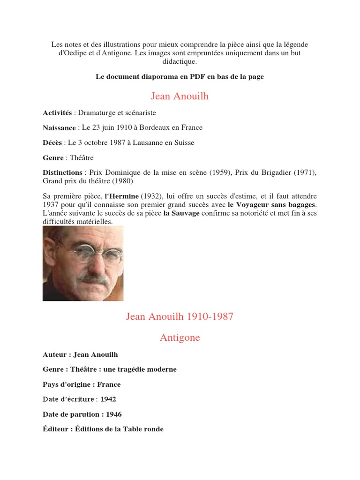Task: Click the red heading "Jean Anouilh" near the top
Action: tap(180, 97)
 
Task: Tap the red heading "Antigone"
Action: tap(180, 337)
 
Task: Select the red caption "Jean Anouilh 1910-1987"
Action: tap(180, 316)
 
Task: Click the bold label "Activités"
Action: tap(57, 113)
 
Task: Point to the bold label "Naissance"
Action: tap(59, 127)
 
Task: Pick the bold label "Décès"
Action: tap(53, 142)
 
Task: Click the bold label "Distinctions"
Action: tap(62, 172)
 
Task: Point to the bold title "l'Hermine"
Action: tap(121, 196)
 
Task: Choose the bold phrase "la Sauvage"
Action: tap(181, 213)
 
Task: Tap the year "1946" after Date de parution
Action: tap(114, 414)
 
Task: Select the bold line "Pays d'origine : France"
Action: tap(82, 384)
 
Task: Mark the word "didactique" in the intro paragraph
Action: tap(180, 61)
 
